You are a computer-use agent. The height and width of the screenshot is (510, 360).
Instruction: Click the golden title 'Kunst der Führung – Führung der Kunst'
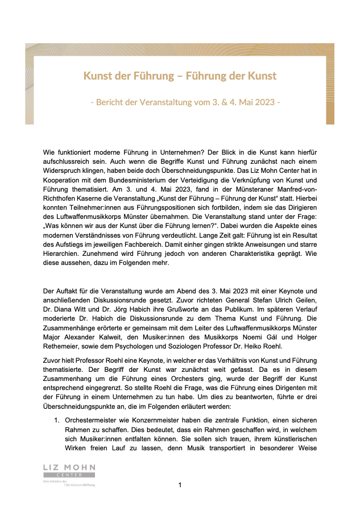[180, 76]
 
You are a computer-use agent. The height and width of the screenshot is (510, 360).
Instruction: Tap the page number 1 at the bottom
[180, 485]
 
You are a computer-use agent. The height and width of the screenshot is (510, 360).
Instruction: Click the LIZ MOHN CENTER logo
[69, 471]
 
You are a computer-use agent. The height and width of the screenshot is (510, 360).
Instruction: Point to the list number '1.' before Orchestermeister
[57, 420]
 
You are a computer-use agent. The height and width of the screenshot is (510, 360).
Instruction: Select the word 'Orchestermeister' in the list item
[94, 420]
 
